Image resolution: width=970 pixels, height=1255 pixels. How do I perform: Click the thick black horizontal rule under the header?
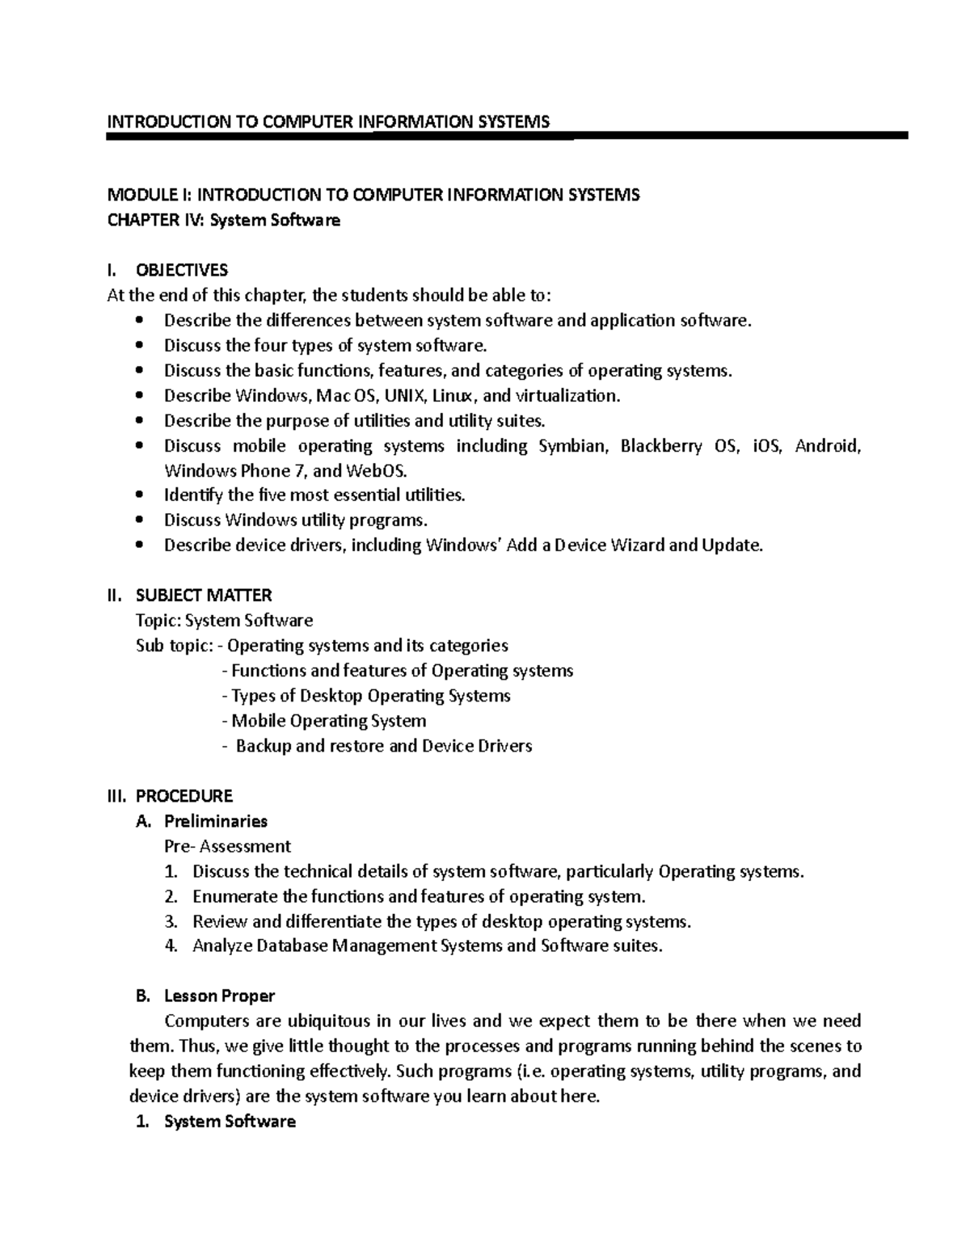508,137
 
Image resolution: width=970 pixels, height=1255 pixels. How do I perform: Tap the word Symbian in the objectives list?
572,446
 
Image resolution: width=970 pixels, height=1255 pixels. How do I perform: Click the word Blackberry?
661,446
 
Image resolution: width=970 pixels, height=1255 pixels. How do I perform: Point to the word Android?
829,446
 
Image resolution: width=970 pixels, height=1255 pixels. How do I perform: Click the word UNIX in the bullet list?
404,396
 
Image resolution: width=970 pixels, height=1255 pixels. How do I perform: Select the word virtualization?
567,396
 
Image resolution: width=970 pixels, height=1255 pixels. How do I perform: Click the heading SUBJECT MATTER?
204,596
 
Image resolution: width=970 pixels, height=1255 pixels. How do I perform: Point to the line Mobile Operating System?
328,721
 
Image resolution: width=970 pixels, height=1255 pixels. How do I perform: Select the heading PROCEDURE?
184,796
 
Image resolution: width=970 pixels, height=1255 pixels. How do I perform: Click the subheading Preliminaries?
216,821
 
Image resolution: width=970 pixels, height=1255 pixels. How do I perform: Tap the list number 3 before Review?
170,921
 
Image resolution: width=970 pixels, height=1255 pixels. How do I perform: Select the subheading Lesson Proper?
219,996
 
